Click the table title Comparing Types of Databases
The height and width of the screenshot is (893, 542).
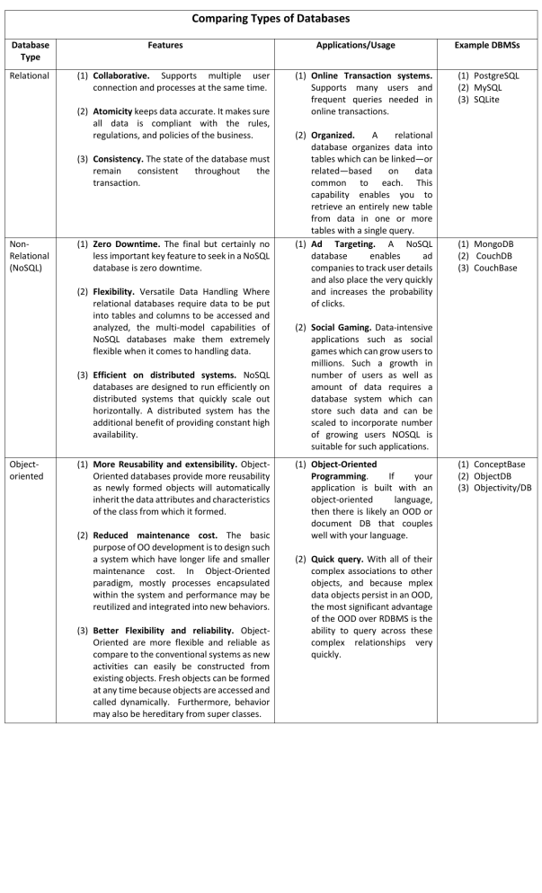click(x=271, y=17)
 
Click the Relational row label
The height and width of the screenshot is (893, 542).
click(x=29, y=75)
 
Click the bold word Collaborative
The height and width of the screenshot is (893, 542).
click(x=125, y=75)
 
